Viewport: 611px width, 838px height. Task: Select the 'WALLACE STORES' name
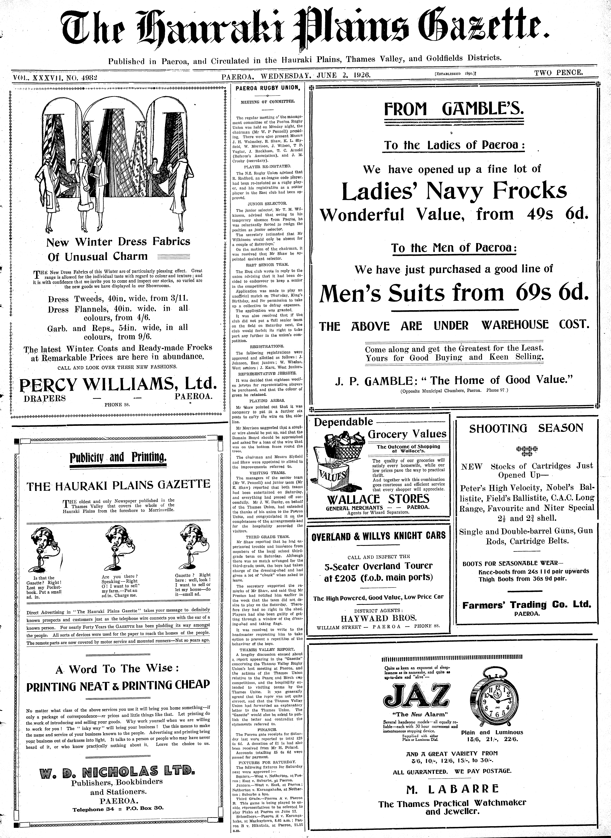[378, 499]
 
